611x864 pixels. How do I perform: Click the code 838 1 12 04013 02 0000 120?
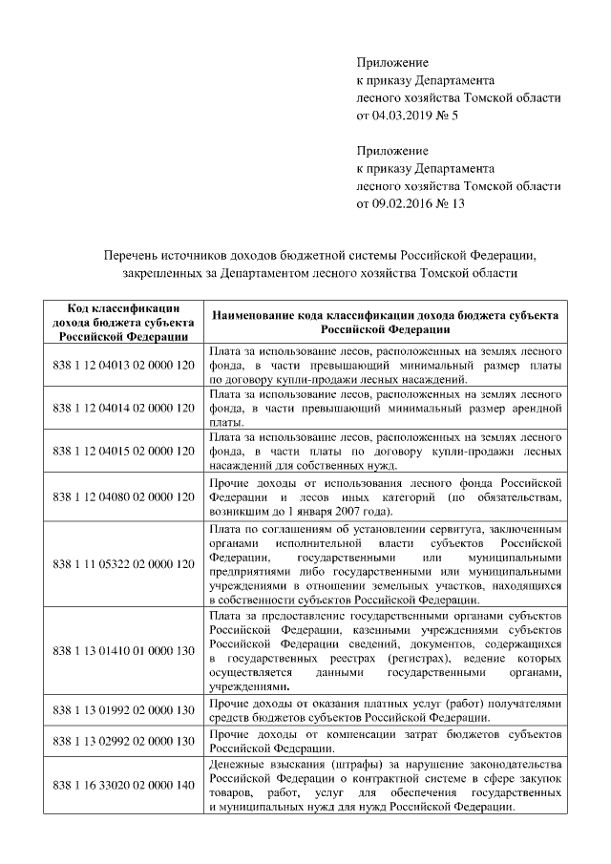(123, 366)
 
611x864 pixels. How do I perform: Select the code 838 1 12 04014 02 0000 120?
(123, 408)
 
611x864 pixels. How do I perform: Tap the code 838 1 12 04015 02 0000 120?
(123, 450)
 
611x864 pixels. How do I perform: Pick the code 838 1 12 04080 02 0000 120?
(123, 498)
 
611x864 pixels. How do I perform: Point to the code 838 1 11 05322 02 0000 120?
(123, 565)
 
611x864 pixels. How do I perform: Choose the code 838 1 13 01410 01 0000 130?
(123, 651)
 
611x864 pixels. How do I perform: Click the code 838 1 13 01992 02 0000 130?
(123, 711)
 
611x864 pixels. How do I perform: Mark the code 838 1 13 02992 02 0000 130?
(123, 741)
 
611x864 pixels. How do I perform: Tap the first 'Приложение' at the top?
(392, 62)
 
